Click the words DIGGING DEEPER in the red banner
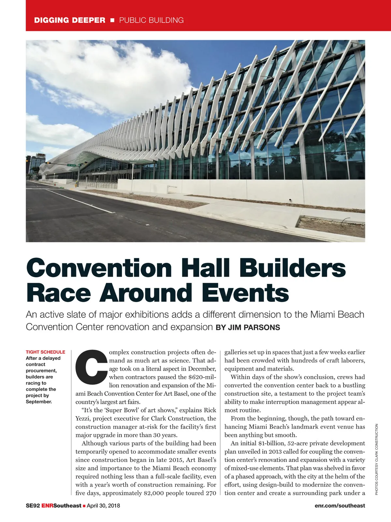[x=70, y=20]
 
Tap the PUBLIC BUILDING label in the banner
[x=151, y=20]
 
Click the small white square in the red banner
[x=112, y=20]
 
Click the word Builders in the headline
[x=292, y=268]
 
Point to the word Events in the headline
[x=245, y=293]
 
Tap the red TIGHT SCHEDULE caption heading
[x=45, y=352]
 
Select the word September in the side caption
[x=39, y=402]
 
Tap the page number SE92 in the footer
[x=33, y=506]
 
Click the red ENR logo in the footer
[x=47, y=506]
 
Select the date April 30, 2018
[x=103, y=506]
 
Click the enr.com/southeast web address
[x=340, y=506]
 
